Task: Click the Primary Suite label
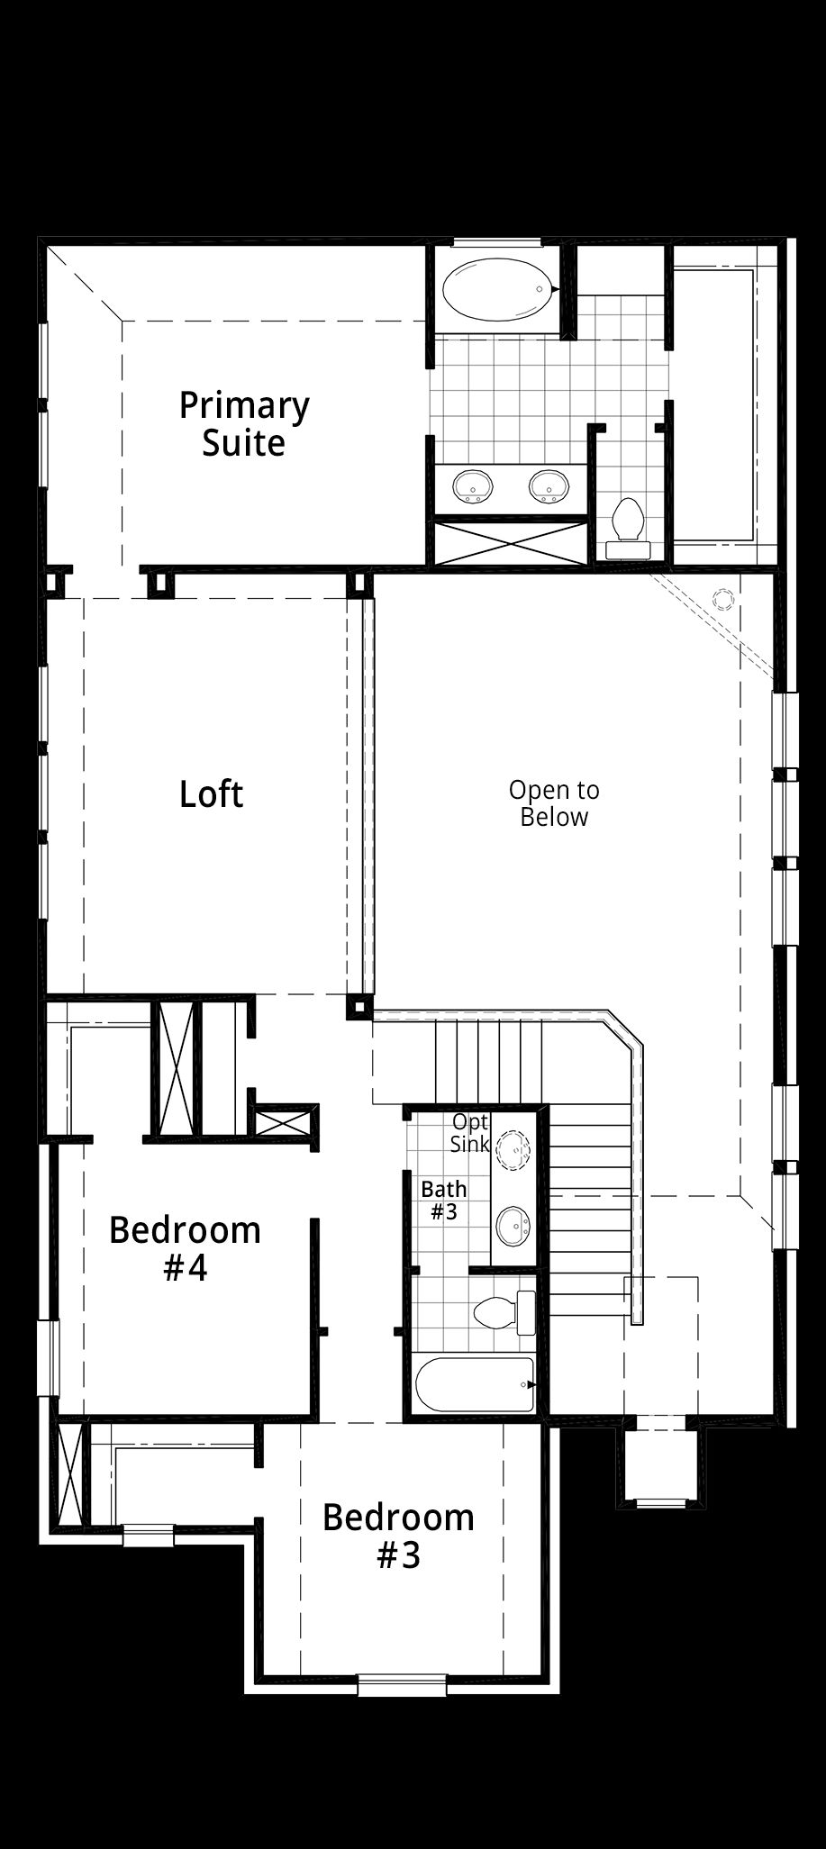tap(244, 423)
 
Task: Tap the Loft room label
tap(212, 793)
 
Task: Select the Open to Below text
tap(554, 803)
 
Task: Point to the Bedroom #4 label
tap(186, 1248)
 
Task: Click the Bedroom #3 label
tap(399, 1536)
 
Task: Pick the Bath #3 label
tap(444, 1201)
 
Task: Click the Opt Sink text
tap(470, 1133)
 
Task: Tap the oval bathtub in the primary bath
tap(499, 290)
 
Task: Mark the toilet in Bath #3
tap(504, 1313)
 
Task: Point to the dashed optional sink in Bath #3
tap(514, 1150)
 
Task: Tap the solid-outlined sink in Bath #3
tap(514, 1226)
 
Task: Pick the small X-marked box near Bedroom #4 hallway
tap(284, 1122)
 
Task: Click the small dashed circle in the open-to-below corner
tap(723, 600)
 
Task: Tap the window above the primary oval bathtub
tap(497, 241)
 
